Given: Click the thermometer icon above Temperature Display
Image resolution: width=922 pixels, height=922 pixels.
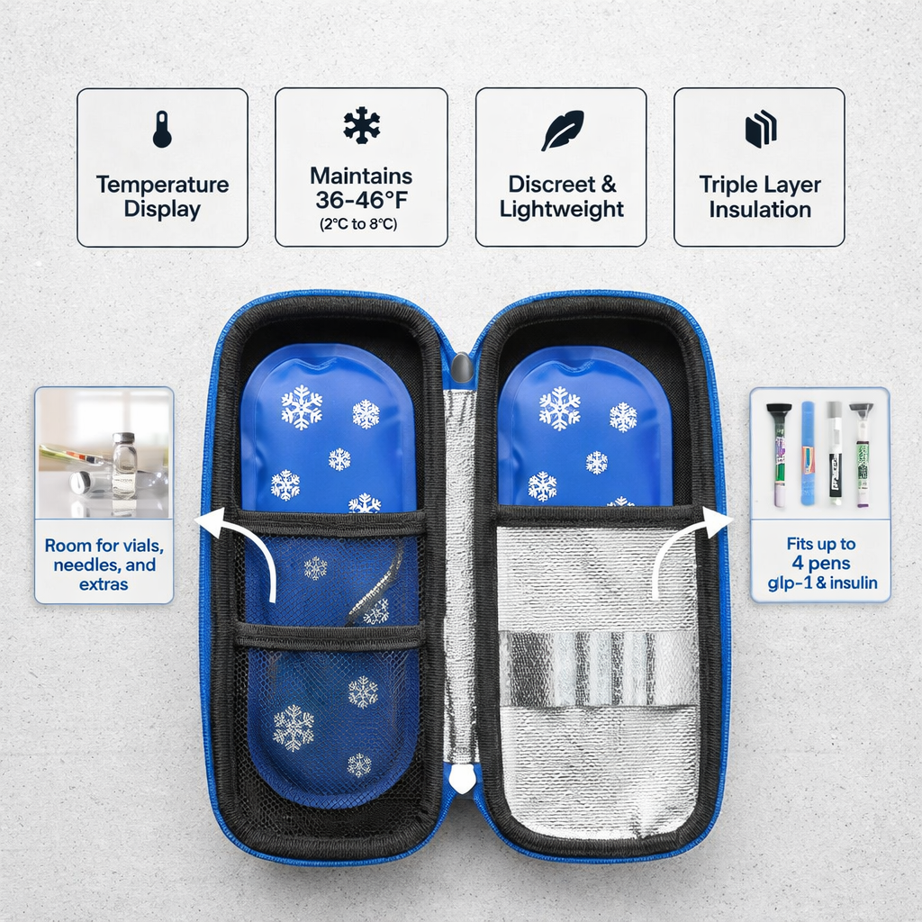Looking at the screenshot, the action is [x=162, y=130].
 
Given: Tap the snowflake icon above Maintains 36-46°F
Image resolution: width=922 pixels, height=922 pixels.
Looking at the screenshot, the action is [x=362, y=125].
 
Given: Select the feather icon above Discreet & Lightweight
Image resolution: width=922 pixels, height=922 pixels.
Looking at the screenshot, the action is [x=563, y=130].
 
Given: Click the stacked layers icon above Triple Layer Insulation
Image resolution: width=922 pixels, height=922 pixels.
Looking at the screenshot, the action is [x=761, y=129].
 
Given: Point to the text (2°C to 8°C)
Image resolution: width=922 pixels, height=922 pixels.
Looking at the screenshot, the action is [x=358, y=224].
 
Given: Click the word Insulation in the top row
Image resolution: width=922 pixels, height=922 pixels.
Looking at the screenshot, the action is [x=760, y=209].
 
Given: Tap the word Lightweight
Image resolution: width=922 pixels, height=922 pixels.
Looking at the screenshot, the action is [x=562, y=209].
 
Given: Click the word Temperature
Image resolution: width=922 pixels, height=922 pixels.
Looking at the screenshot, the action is [x=162, y=185].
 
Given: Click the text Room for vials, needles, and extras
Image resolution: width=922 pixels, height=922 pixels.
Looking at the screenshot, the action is [x=104, y=565].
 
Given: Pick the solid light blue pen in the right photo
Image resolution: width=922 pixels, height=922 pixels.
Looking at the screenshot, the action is [x=808, y=453].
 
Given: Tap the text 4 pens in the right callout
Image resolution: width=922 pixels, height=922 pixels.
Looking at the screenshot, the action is [x=821, y=564].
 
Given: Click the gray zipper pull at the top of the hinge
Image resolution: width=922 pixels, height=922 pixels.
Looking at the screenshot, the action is [x=462, y=368].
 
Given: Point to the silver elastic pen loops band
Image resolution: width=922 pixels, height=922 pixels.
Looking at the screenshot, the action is [x=597, y=669].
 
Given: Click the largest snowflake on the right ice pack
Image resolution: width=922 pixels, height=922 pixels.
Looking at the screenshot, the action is [x=559, y=408].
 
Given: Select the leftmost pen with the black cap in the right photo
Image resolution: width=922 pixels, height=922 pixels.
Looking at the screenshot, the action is [x=779, y=454].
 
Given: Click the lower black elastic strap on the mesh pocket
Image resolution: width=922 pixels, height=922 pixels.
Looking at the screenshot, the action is [x=330, y=637].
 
